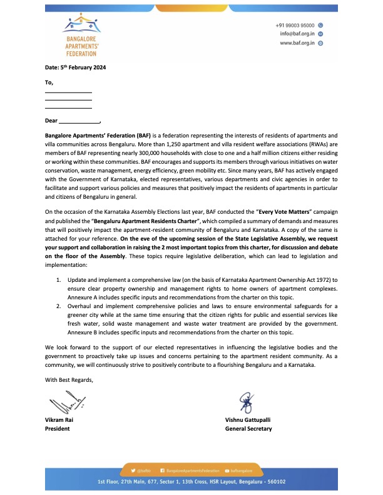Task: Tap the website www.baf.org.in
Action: pyautogui.click(x=297, y=43)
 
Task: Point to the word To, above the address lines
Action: pyautogui.click(x=49, y=82)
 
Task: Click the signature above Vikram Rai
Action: pyautogui.click(x=58, y=401)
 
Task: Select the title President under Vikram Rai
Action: pyautogui.click(x=58, y=429)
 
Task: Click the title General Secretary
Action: pyautogui.click(x=248, y=429)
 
